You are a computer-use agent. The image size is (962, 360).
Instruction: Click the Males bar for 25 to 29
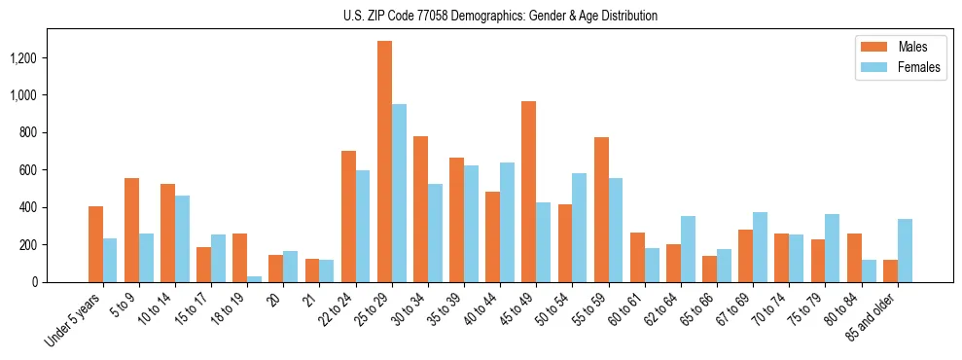click(384, 162)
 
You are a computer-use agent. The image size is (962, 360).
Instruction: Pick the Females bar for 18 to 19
click(255, 278)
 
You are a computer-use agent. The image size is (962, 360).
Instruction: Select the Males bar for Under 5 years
click(95, 243)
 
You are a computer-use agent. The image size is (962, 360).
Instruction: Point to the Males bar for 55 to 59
click(601, 209)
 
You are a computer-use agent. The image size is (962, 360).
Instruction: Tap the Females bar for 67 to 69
click(760, 247)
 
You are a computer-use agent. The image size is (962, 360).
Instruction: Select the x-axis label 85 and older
click(873, 316)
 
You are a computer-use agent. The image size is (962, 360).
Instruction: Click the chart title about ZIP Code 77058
click(500, 16)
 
